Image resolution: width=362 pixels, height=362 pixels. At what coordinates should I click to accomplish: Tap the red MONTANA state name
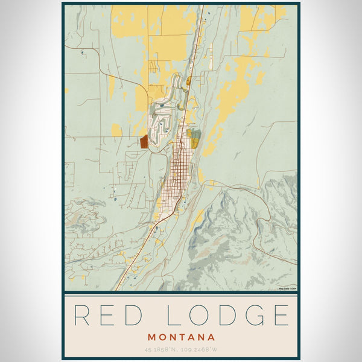181,337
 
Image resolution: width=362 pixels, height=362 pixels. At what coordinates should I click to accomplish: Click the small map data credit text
287,288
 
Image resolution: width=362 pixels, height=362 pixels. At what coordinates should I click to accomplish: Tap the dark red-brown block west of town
144,142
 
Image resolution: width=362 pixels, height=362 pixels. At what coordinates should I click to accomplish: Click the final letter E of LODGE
279,316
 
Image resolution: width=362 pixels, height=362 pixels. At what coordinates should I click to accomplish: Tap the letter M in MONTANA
151,337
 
